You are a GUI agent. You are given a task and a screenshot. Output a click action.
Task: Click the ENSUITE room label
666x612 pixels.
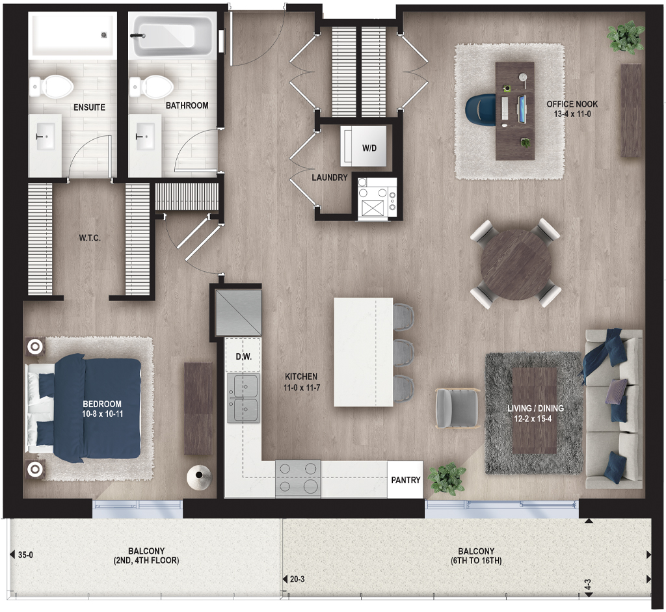click(x=89, y=107)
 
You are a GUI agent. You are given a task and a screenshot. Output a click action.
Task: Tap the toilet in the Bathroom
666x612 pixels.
click(x=152, y=86)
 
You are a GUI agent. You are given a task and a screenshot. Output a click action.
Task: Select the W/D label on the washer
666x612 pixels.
click(x=369, y=148)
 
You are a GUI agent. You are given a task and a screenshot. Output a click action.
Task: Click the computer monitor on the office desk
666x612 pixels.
click(x=522, y=109)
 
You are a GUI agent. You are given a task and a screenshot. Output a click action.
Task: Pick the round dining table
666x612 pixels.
click(x=516, y=264)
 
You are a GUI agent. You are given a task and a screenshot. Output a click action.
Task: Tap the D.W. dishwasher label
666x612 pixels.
click(x=243, y=357)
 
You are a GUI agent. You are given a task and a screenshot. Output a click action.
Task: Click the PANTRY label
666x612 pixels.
click(x=406, y=480)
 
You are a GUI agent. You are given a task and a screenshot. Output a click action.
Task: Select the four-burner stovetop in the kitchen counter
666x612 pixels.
click(x=298, y=479)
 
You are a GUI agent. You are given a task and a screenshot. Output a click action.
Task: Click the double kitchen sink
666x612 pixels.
click(x=243, y=398)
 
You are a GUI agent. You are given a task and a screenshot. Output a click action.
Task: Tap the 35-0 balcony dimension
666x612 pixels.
click(x=25, y=555)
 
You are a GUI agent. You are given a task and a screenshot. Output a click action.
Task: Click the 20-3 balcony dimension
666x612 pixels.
click(x=297, y=579)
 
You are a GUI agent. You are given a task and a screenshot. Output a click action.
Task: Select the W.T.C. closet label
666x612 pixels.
click(x=90, y=238)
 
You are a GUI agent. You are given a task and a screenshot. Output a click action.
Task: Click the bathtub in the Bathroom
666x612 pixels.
click(x=171, y=35)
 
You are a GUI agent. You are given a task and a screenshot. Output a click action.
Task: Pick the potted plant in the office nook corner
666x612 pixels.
click(x=626, y=37)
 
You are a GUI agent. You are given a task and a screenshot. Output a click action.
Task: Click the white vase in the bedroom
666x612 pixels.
click(x=199, y=479)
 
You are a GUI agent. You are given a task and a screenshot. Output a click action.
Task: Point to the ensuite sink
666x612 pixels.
click(x=45, y=137)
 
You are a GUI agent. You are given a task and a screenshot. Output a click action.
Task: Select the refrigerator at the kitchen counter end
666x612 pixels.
click(x=238, y=313)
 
